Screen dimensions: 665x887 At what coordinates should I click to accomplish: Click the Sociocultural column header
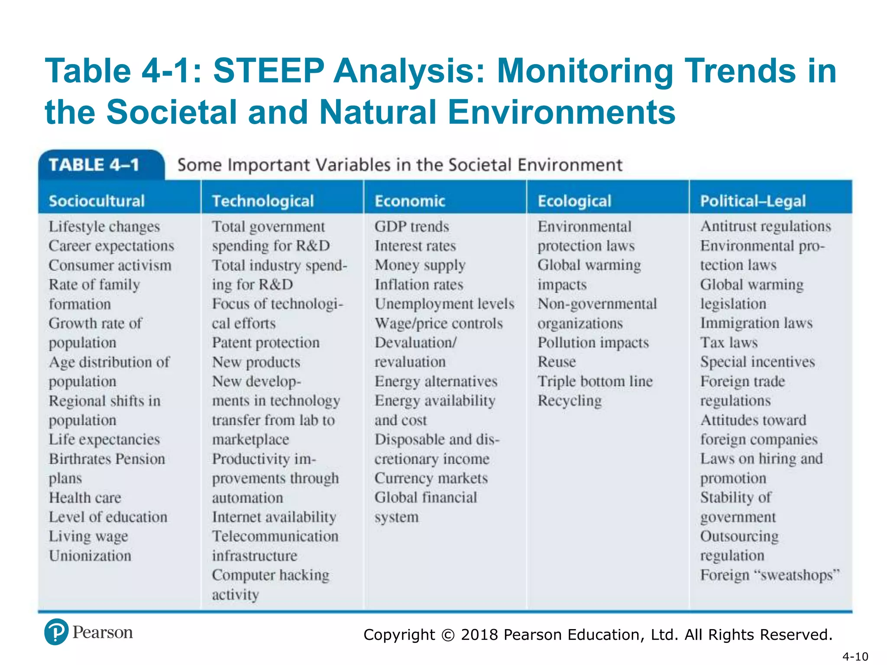tap(97, 201)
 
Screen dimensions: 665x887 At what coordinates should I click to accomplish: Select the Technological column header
tap(263, 201)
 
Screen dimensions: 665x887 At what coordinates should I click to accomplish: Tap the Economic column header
tap(410, 201)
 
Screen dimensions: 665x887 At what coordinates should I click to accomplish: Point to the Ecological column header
tap(574, 201)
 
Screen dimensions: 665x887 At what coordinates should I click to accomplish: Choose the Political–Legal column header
tap(753, 201)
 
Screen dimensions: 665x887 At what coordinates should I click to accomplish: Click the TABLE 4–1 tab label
tap(94, 165)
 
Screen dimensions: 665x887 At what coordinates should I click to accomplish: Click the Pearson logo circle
tap(56, 632)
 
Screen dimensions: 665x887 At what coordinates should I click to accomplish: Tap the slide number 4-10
tap(855, 656)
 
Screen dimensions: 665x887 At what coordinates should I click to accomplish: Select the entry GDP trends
tap(412, 226)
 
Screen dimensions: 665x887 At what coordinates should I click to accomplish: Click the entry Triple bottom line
tap(595, 381)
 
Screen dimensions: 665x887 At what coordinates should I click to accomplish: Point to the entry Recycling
tap(570, 401)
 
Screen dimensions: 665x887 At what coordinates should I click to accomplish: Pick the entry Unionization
tap(90, 555)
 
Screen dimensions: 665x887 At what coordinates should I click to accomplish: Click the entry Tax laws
tap(729, 342)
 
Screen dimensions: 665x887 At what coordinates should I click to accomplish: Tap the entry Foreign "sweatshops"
tap(770, 575)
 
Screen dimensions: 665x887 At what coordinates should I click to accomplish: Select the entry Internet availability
tap(274, 517)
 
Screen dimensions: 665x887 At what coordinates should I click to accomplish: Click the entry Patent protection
tap(265, 342)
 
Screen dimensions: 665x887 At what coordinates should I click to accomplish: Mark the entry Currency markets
tap(431, 478)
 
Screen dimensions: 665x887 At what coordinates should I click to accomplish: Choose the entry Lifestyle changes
tap(104, 226)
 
